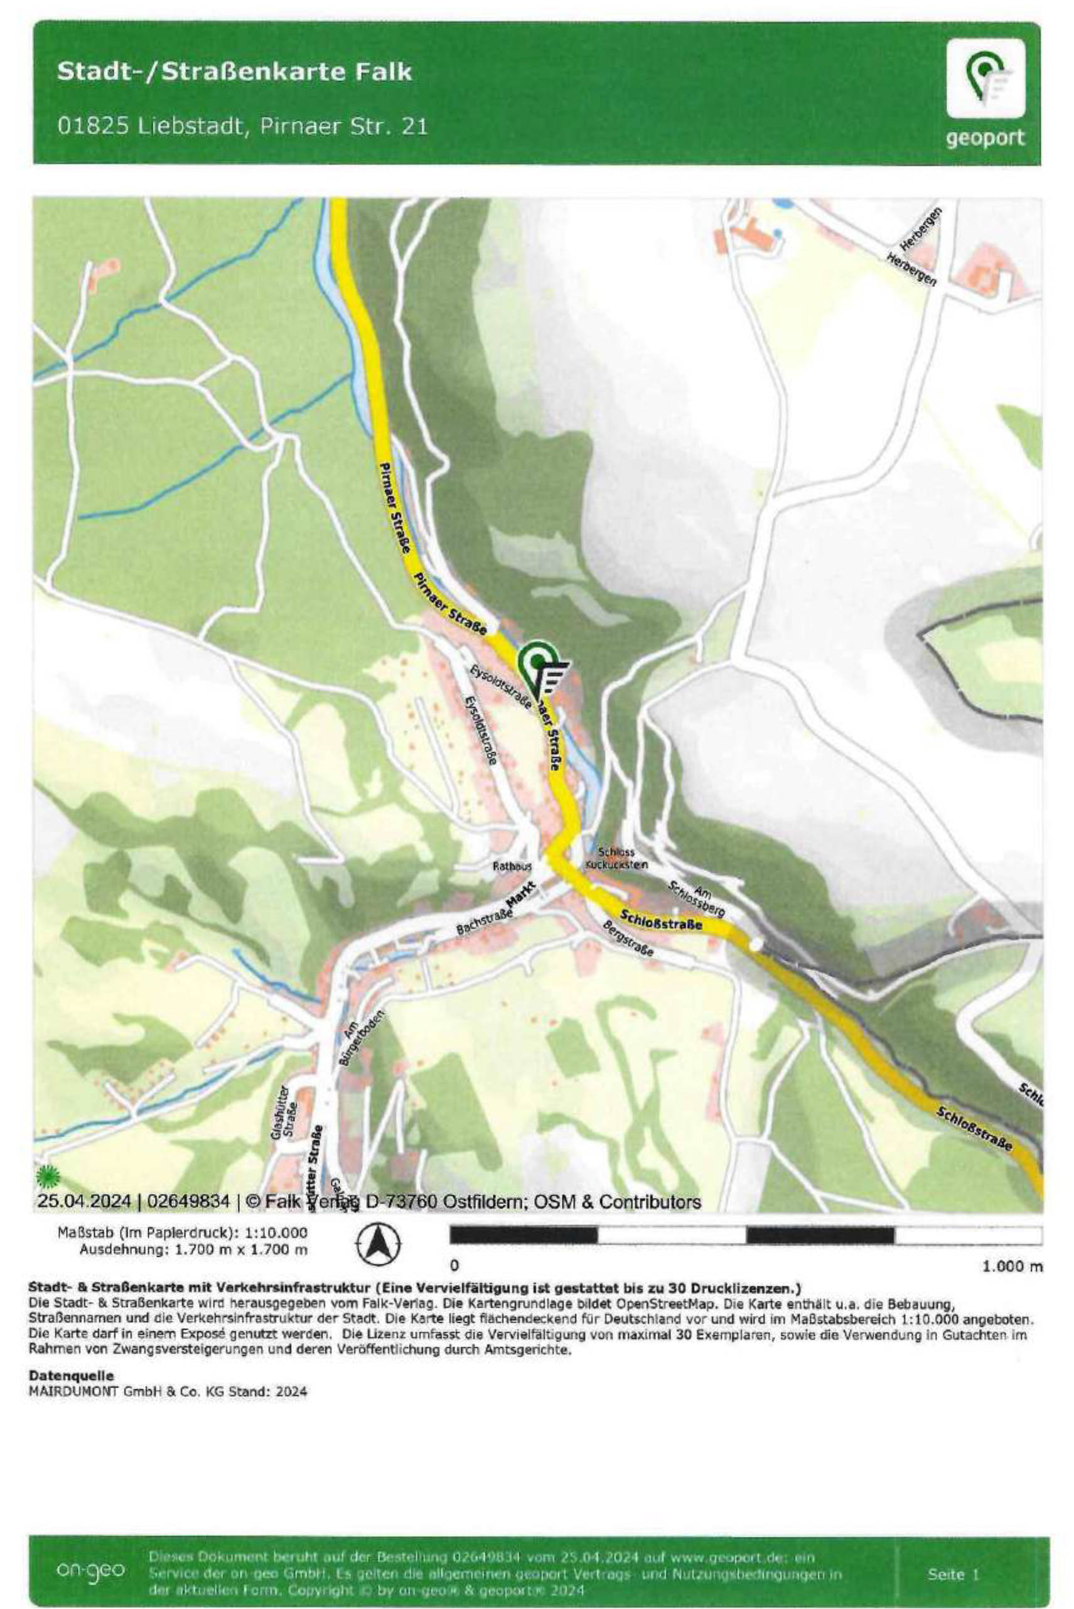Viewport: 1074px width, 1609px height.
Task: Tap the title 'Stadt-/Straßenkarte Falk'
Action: click(234, 72)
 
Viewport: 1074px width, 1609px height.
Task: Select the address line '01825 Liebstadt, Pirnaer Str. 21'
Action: click(242, 127)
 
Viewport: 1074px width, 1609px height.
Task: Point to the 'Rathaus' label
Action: click(512, 866)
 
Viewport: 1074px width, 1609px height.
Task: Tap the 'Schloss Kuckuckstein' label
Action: click(616, 858)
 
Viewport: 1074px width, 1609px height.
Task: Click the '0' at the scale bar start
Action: click(454, 1264)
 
